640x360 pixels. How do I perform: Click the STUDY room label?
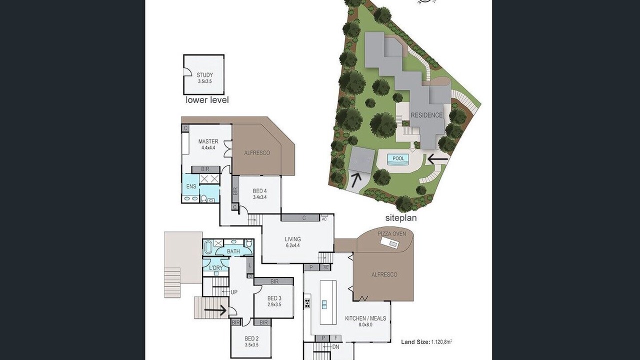204,75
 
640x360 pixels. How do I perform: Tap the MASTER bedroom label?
208,141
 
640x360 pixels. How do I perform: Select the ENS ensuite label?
191,186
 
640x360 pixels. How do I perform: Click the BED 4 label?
259,191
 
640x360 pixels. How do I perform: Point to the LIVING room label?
293,239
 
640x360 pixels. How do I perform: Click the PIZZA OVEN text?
391,233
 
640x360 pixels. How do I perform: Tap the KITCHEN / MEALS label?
365,318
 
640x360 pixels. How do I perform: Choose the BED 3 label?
274,298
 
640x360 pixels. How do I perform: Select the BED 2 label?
251,338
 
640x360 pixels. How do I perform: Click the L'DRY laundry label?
215,268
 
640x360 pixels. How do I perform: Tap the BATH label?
233,251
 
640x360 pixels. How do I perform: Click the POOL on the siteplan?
398,158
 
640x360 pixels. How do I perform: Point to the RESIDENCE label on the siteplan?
426,115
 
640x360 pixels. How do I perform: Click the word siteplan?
401,218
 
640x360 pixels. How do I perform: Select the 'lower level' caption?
207,100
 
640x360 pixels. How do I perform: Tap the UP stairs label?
234,292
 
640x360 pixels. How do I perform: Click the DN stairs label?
335,347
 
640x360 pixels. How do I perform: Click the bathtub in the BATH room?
208,247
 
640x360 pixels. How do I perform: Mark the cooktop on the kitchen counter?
307,303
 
